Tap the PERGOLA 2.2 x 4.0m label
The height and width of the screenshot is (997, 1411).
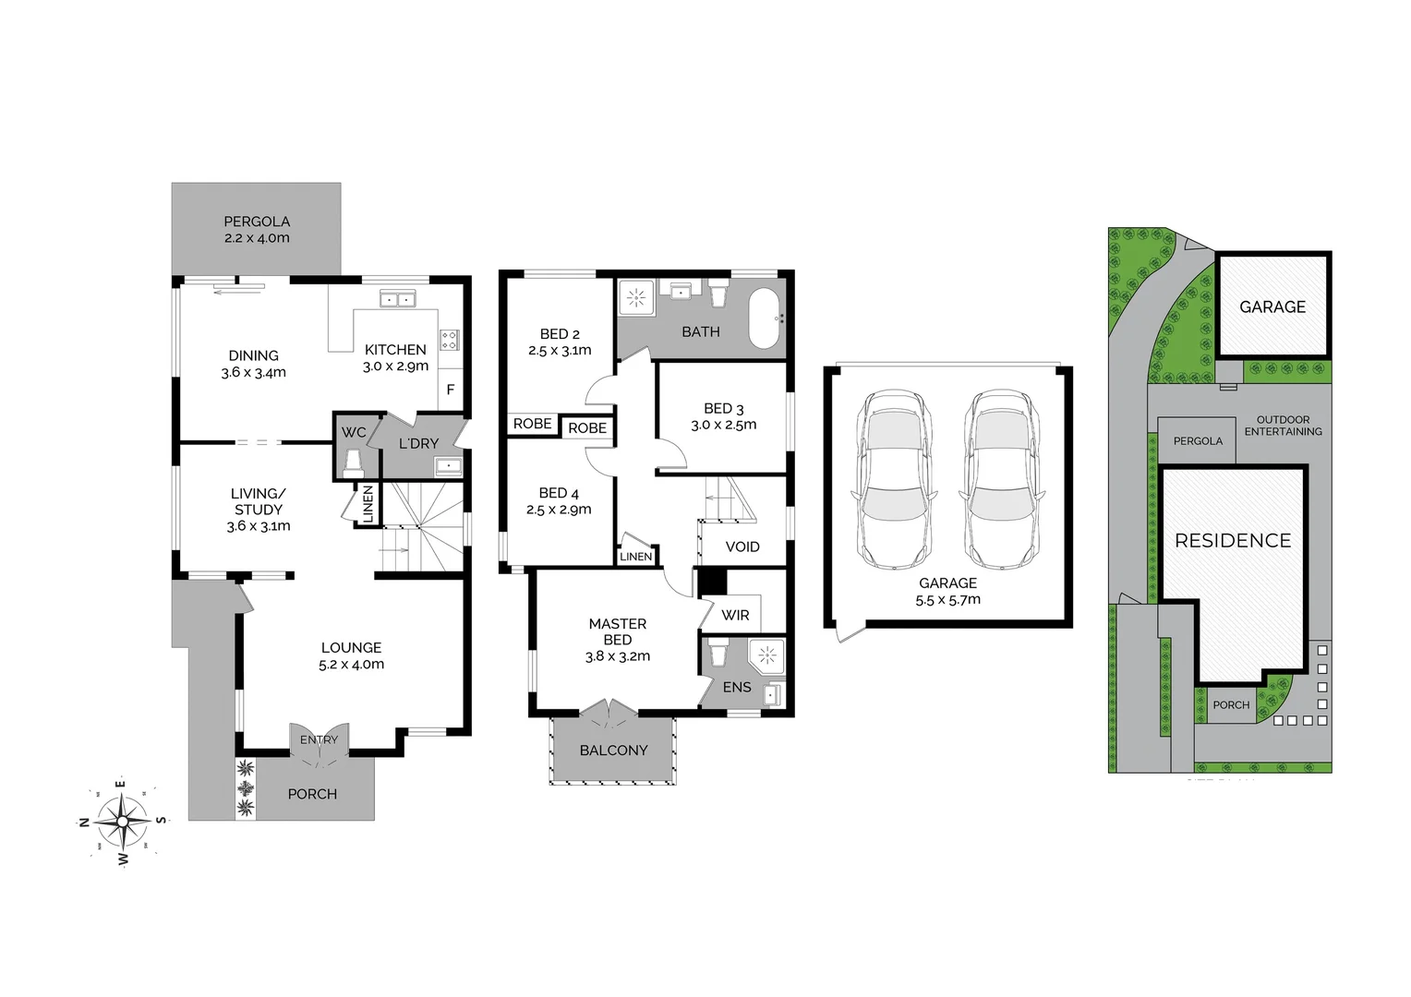(x=257, y=230)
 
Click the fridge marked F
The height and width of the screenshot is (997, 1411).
(x=451, y=390)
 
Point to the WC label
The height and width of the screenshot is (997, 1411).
(x=354, y=433)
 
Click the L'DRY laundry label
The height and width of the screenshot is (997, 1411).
(x=418, y=444)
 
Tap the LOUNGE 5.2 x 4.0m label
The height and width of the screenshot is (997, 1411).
(x=351, y=655)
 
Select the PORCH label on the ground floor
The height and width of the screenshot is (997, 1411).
(x=312, y=794)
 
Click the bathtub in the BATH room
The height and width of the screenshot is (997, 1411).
(x=765, y=318)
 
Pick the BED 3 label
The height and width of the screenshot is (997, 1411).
(x=723, y=416)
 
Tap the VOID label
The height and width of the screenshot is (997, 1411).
(x=742, y=547)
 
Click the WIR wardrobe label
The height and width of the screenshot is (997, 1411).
(x=735, y=615)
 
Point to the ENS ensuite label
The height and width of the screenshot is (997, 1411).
(x=737, y=687)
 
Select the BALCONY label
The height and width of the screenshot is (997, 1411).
(x=613, y=751)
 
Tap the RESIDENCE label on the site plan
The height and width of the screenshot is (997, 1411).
(x=1233, y=541)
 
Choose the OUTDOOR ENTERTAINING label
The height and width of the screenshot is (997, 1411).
(x=1283, y=426)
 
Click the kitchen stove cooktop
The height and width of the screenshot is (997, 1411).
(x=450, y=340)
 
